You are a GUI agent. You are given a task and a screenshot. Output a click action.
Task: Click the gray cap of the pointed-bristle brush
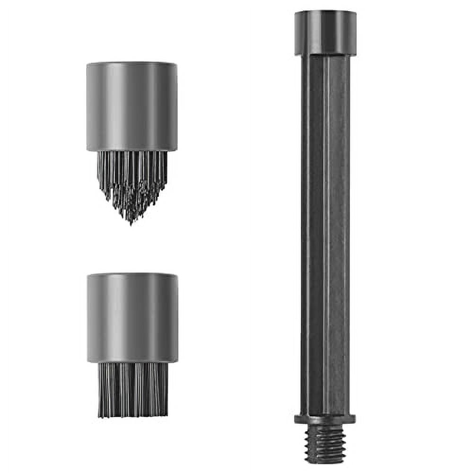point(132,106)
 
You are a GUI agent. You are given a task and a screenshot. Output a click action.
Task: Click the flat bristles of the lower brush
point(132,390)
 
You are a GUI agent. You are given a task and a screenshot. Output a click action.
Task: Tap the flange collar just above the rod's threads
point(325,419)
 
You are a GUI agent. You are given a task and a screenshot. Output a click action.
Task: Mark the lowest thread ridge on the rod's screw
point(325,459)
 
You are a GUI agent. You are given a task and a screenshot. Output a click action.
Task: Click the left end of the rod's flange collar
point(296,419)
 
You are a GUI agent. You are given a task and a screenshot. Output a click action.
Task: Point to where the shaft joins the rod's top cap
point(325,56)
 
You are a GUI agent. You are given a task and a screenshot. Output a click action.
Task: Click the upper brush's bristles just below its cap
point(132,158)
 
